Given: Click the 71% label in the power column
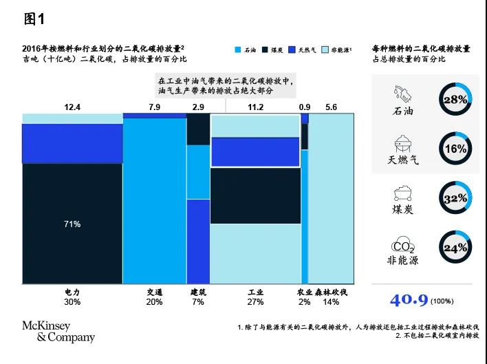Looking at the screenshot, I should click(72, 224).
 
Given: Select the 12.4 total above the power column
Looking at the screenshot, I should click(72, 107).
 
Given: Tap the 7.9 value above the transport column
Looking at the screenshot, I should click(154, 107).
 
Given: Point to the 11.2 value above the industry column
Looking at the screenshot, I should click(255, 107).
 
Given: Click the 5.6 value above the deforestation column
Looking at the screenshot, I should click(331, 107).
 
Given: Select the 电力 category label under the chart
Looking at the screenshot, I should click(72, 292).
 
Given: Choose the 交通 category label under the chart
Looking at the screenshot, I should click(154, 292).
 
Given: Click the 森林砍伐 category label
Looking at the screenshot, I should click(331, 292).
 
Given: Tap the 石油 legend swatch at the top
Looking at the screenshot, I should click(237, 50).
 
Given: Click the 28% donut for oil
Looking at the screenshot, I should click(455, 100).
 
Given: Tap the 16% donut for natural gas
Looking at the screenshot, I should click(455, 149).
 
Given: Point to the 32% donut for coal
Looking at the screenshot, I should click(455, 199).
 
